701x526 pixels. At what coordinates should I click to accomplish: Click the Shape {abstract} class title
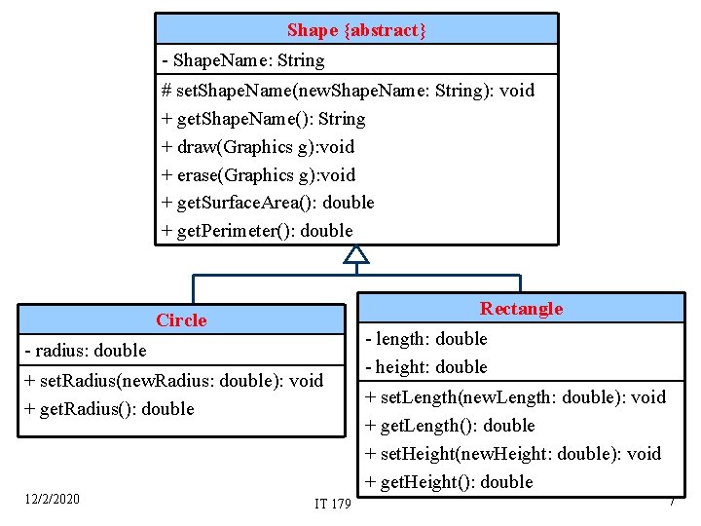[x=356, y=31]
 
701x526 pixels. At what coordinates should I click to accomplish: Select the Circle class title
[x=181, y=320]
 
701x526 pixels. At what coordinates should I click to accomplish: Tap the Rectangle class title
[x=521, y=309]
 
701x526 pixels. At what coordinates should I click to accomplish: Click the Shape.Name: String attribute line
[x=243, y=60]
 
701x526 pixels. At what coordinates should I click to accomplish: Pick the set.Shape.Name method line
[x=349, y=91]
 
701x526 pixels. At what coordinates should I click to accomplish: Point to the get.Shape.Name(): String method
[x=264, y=119]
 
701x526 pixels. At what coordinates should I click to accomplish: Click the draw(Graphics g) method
[x=258, y=147]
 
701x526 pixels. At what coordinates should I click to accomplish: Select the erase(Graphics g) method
[x=259, y=175]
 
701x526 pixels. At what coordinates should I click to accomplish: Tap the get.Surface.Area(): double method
[x=268, y=203]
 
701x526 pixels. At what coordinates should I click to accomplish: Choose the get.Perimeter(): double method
[x=258, y=231]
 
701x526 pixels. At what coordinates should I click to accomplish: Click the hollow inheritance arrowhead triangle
[x=357, y=254]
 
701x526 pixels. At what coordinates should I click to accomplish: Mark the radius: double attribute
[x=86, y=351]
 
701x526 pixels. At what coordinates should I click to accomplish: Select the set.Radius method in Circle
[x=173, y=381]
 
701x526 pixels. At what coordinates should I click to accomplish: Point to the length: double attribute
[x=426, y=339]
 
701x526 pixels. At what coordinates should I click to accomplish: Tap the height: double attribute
[x=426, y=367]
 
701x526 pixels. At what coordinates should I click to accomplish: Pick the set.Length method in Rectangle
[x=515, y=397]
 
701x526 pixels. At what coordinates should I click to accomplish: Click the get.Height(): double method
[x=449, y=482]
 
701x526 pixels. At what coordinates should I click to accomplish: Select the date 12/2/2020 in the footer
[x=52, y=500]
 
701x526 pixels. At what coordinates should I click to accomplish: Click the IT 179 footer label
[x=333, y=504]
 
